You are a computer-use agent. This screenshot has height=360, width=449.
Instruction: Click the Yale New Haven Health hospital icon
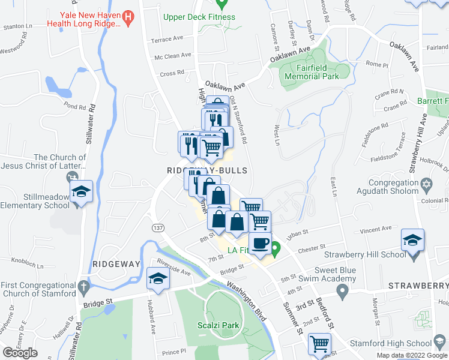point(127,16)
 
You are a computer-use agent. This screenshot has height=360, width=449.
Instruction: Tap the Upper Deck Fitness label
point(199,17)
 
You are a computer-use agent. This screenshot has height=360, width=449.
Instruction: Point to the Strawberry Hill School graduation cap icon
point(412,240)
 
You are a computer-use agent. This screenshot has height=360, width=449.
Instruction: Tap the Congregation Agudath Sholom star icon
point(427,182)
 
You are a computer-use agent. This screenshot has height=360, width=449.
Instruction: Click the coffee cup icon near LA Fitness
point(260,244)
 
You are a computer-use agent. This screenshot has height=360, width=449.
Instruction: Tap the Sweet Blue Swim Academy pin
point(342,292)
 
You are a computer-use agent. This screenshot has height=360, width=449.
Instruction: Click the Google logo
point(20,352)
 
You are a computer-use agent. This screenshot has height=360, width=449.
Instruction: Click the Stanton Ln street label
point(17,26)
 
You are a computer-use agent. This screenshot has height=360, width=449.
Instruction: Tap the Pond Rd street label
point(75,106)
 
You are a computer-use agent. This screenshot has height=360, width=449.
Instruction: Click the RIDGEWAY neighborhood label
point(116,264)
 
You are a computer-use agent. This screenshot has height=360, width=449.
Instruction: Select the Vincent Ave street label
point(376,229)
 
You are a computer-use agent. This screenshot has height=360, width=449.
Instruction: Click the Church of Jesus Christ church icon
point(73,177)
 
